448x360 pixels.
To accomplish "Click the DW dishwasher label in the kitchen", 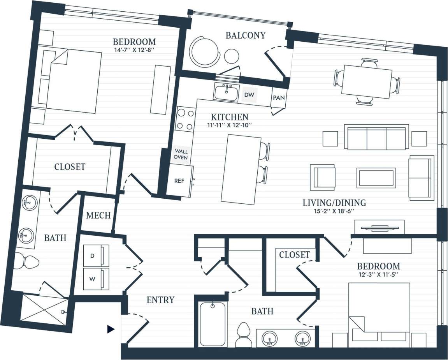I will coord(249,95).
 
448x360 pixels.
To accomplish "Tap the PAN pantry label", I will coord(278,98).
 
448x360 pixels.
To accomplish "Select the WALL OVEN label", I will coord(181,154).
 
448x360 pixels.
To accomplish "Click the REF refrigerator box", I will coord(179,181).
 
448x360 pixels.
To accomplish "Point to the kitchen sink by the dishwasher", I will coord(226,93).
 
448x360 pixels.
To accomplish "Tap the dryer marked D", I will coord(96,256).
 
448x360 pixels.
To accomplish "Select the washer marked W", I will coord(96,279).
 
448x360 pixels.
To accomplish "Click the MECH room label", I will coord(98,215).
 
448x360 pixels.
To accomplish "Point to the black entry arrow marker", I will coord(111,330).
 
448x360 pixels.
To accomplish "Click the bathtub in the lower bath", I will coord(213,324).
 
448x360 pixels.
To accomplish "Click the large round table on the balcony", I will coord(204,51).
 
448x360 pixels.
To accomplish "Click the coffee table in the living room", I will coord(376,178).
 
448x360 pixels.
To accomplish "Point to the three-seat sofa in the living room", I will coord(376,138).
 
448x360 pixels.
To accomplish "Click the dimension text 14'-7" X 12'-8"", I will coord(134,50).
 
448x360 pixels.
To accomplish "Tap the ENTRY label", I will coord(160,300).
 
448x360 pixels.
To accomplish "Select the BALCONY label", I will coord(245,35).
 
